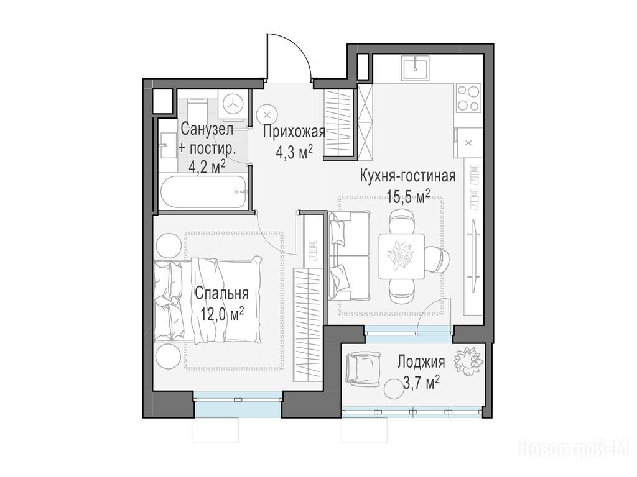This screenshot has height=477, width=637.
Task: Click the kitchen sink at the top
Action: (x=416, y=68)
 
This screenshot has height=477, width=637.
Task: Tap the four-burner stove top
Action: (x=468, y=98)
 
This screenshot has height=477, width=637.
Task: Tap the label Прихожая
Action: (x=294, y=132)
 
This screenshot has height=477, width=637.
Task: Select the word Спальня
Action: (x=221, y=293)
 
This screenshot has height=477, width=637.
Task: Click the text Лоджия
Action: (x=421, y=361)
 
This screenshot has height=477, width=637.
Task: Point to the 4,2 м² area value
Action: (x=207, y=166)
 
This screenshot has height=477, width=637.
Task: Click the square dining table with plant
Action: (x=401, y=256)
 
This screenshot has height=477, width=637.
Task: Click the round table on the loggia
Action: (x=395, y=389)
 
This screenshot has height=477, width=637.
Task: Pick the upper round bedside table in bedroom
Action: (x=167, y=245)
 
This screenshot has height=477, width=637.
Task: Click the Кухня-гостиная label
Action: (x=408, y=176)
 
